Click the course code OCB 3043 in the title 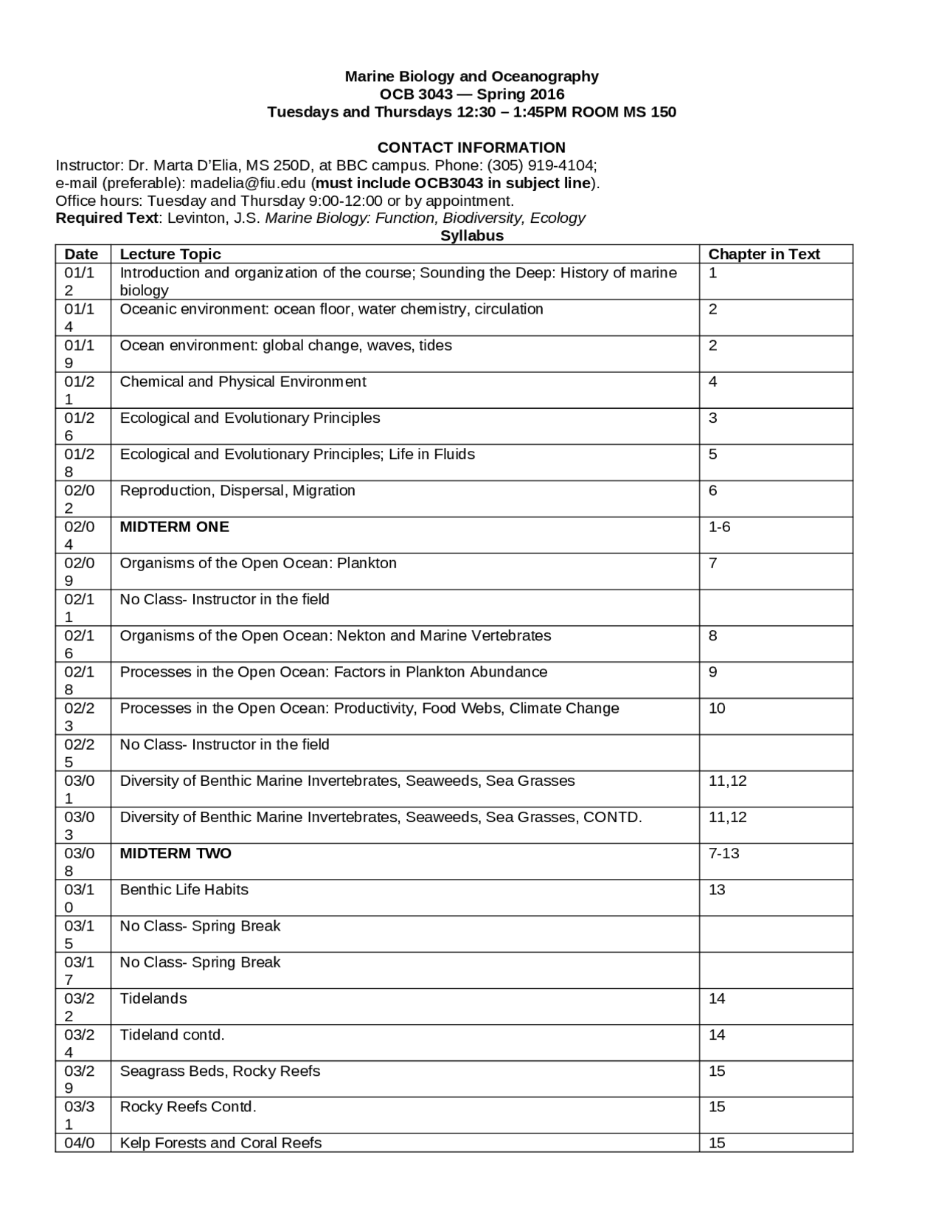tap(416, 94)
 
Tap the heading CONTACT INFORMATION tap(471, 148)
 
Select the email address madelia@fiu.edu tap(249, 183)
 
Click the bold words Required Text tap(107, 218)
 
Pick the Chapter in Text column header tap(764, 254)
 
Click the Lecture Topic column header tap(170, 254)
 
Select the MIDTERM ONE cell tap(175, 527)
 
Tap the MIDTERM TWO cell tap(176, 854)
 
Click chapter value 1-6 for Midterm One tap(719, 527)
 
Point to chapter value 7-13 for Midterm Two tap(723, 854)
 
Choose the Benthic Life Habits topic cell tap(184, 890)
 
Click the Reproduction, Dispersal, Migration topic tap(237, 491)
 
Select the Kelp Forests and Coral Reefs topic tap(221, 1143)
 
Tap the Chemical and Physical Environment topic tap(243, 382)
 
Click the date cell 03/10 tap(80, 898)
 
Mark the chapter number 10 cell tap(717, 708)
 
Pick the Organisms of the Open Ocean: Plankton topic tap(258, 563)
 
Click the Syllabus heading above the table tap(472, 236)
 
